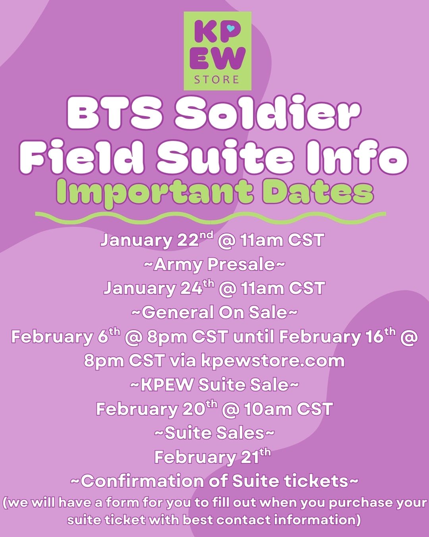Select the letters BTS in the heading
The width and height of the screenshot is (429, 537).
point(115,113)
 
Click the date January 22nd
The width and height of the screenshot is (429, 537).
point(157,241)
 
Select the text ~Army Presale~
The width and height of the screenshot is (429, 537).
point(214,265)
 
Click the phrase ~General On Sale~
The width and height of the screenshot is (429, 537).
point(214,312)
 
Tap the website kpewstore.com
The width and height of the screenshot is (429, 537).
point(272,361)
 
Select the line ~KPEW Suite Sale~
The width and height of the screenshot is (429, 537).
point(214,385)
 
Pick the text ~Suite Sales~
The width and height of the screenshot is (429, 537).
point(214,433)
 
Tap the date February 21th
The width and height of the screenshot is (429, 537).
point(213,457)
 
